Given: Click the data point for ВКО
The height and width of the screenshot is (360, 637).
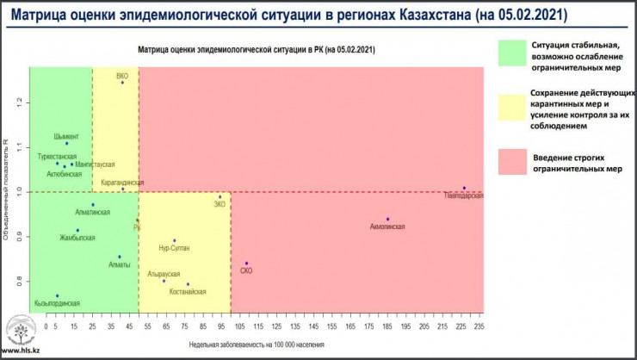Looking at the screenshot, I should [x=122, y=83].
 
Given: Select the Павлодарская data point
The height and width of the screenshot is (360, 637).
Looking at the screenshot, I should [x=464, y=188].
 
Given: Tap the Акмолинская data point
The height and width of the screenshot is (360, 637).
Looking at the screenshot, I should [x=387, y=219].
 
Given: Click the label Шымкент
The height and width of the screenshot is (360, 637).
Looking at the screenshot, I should [x=65, y=136].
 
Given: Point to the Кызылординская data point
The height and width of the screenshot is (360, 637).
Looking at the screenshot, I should [x=58, y=295].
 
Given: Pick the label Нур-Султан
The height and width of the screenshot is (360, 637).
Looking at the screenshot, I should [x=175, y=248].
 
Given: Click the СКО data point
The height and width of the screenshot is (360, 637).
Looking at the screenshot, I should [x=246, y=264].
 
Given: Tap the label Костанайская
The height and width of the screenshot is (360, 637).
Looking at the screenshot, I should [x=188, y=292].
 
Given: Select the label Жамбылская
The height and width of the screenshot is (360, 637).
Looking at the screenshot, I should [x=77, y=238].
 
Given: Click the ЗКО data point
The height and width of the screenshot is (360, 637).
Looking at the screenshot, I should [x=220, y=196].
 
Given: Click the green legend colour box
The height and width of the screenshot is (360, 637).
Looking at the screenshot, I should [x=512, y=53].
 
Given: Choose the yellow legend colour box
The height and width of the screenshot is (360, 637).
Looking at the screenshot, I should [x=512, y=108].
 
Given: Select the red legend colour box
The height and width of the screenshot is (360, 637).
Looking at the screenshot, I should [x=512, y=161].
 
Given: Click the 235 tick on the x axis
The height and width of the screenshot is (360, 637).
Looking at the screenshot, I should [x=479, y=327].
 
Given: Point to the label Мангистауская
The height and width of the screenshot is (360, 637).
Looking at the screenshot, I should [x=95, y=164].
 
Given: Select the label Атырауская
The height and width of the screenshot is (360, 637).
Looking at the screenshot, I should [x=163, y=273].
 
